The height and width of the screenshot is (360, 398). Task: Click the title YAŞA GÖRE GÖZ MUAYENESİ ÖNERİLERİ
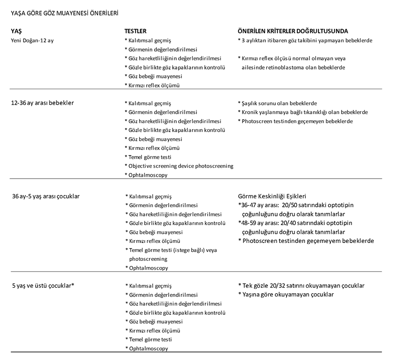64,14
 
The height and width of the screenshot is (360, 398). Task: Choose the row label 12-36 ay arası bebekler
42,103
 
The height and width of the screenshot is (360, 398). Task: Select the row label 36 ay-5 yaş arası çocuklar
46,196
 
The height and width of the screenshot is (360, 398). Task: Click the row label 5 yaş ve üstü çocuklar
44,285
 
